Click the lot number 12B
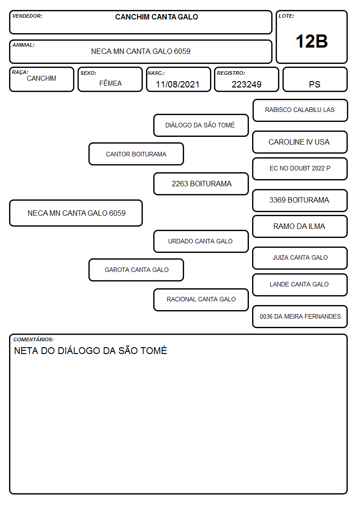(311, 41)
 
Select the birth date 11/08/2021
(178, 84)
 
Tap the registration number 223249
(246, 84)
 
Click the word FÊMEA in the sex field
(110, 83)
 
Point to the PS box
(315, 79)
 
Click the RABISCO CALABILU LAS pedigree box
(300, 111)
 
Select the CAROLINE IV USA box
(300, 142)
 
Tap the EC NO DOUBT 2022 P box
(300, 169)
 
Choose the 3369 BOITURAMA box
(300, 200)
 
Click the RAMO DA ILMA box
(300, 226)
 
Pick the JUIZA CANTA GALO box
(300, 258)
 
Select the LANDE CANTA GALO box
(300, 285)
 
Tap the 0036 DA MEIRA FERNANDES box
(300, 316)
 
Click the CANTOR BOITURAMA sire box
(136, 154)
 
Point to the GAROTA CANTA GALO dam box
(136, 270)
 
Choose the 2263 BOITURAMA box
(201, 184)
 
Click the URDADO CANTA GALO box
(201, 241)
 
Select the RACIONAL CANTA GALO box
(201, 300)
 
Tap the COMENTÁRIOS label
(34, 339)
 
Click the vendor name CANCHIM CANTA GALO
(156, 17)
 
